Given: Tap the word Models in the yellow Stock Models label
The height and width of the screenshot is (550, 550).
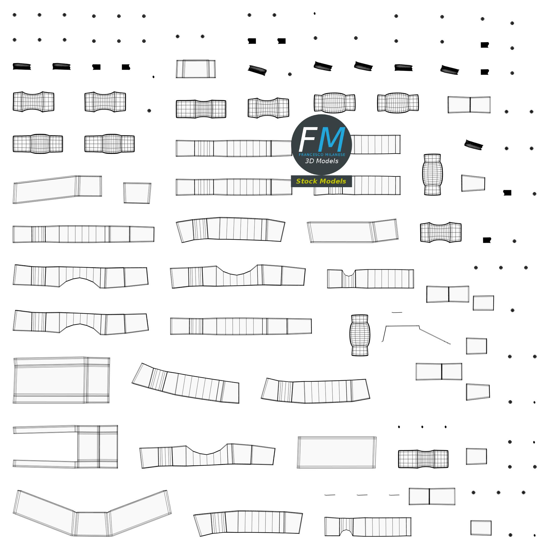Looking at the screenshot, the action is coord(332,181).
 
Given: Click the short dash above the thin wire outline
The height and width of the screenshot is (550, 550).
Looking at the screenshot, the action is coord(397,312).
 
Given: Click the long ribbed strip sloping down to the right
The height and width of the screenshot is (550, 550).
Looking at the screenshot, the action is coord(186,383).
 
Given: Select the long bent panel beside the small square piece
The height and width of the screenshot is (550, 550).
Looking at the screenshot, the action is coord(57,189).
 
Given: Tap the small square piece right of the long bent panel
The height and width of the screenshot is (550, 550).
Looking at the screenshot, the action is coord(137,193).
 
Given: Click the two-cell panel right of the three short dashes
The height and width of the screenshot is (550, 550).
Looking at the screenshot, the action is coord(432,497).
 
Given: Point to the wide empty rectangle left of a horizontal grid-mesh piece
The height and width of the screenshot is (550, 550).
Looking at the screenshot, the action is coord(337,452).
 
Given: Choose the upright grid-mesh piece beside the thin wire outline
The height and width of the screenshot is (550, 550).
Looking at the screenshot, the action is coord(360,335).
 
